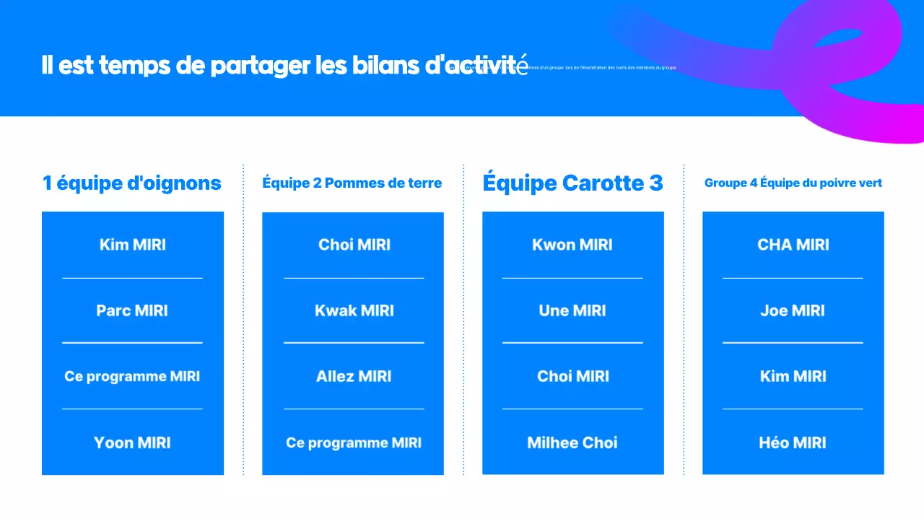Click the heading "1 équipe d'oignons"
(x=132, y=183)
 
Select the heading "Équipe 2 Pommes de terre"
(x=352, y=183)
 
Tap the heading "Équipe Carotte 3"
(x=572, y=183)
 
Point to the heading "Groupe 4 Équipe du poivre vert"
(x=793, y=183)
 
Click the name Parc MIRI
(x=132, y=311)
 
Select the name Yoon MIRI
(x=132, y=443)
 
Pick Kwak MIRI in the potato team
(x=354, y=311)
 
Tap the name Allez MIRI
(x=354, y=376)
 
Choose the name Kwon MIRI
(x=572, y=245)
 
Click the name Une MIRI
(x=572, y=311)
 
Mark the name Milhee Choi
(x=572, y=443)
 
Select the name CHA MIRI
(x=793, y=245)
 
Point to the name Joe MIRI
(x=793, y=311)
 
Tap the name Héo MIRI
(x=793, y=443)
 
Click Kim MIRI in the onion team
(x=133, y=245)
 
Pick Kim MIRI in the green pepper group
(x=793, y=376)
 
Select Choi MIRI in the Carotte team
(x=573, y=376)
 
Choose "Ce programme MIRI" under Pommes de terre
(x=354, y=443)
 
